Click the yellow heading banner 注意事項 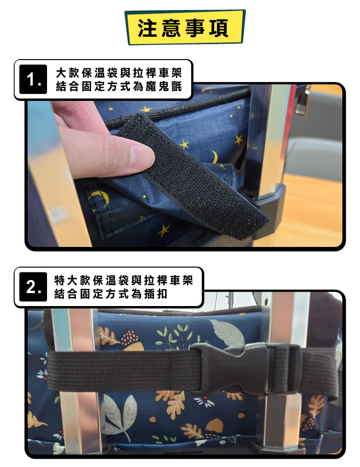click(x=185, y=27)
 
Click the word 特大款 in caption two click(x=72, y=280)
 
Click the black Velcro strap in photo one click(x=202, y=178)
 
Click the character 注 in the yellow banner click(x=146, y=27)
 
